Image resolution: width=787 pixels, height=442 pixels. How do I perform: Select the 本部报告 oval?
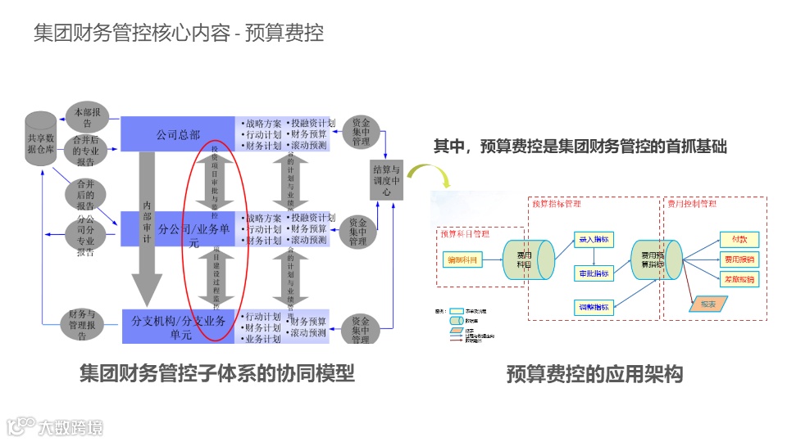pyautogui.click(x=86, y=113)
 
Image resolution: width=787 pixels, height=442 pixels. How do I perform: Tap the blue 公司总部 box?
pyautogui.click(x=178, y=133)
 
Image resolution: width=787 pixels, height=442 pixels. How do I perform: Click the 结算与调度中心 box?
pyautogui.click(x=387, y=181)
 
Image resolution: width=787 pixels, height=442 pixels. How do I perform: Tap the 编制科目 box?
pyautogui.click(x=462, y=259)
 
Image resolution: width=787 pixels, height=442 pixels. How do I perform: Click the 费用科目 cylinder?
pyautogui.click(x=523, y=261)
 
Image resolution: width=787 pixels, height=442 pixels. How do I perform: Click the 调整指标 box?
pyautogui.click(x=593, y=307)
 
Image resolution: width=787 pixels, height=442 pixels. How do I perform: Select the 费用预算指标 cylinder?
pyautogui.click(x=653, y=261)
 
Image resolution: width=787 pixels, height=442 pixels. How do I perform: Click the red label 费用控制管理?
pyautogui.click(x=691, y=203)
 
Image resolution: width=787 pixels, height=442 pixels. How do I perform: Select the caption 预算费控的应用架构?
pyautogui.click(x=594, y=375)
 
